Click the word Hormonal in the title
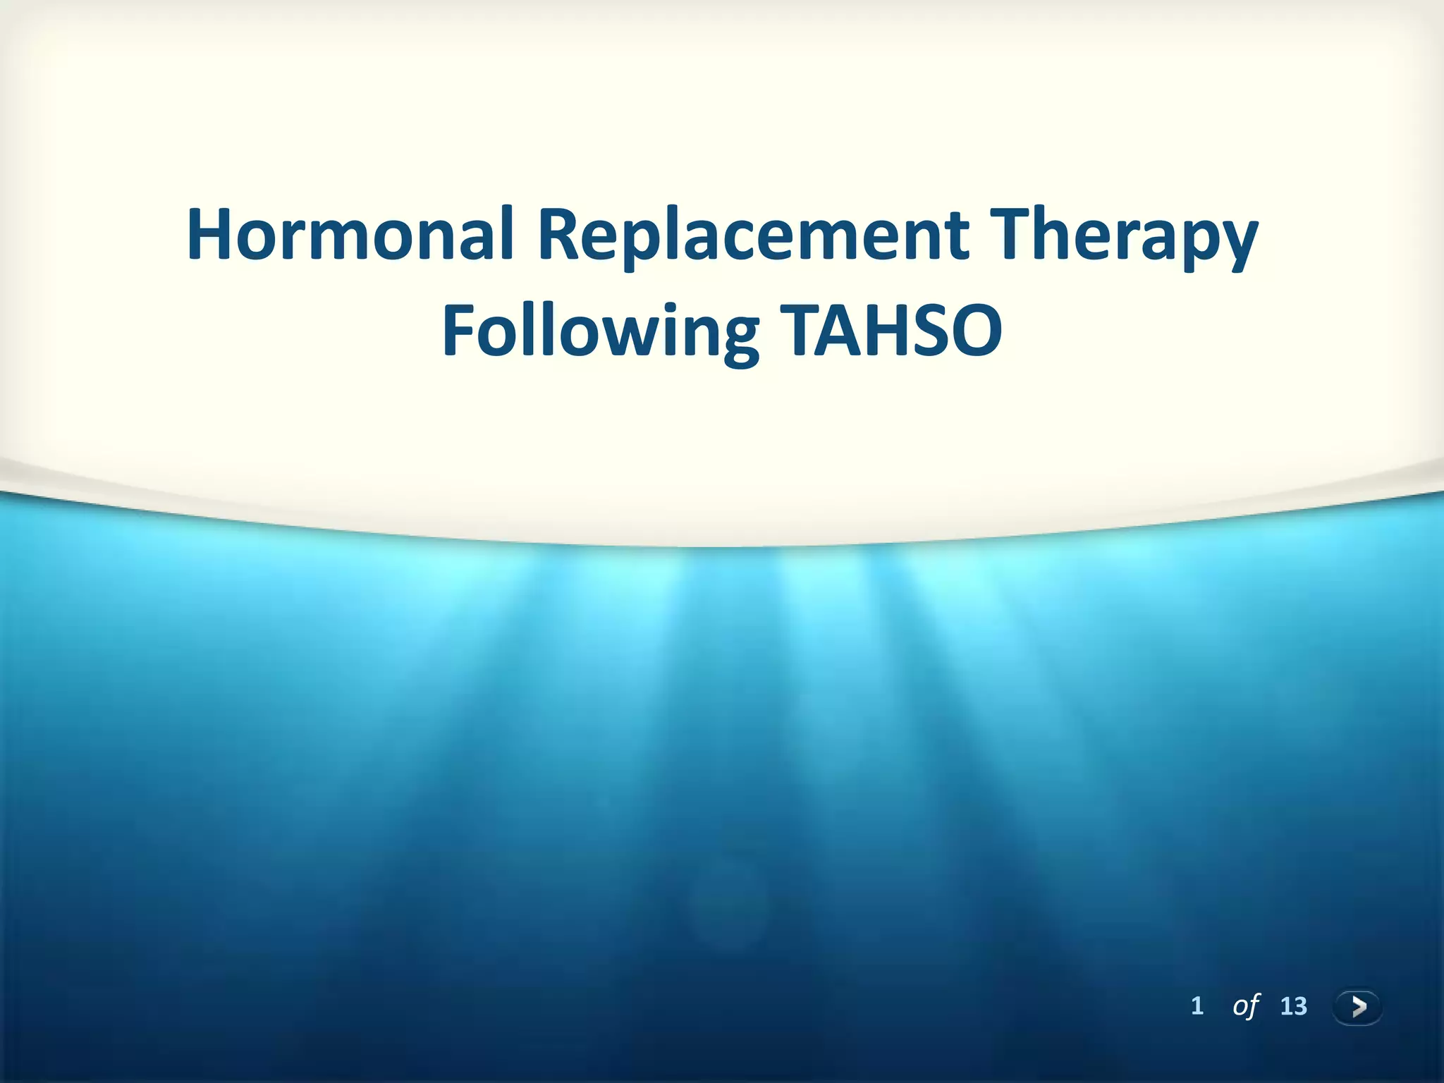[x=350, y=235]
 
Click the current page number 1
[x=1197, y=1005]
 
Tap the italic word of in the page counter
[x=1245, y=1005]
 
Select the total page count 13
[x=1293, y=1005]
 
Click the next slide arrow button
[x=1357, y=1005]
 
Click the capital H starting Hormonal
[x=212, y=235]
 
